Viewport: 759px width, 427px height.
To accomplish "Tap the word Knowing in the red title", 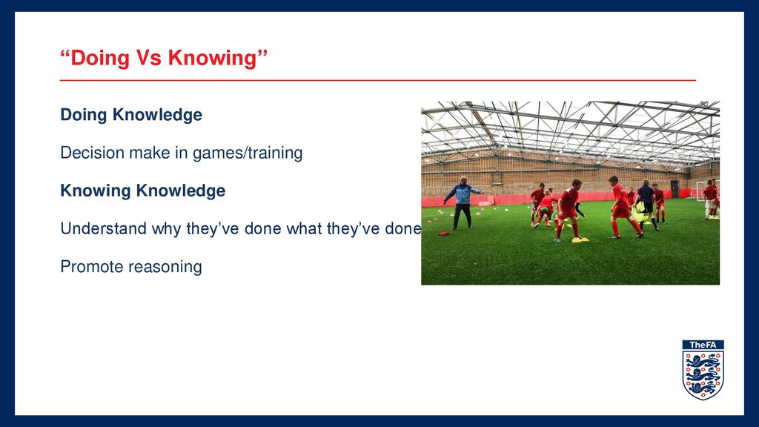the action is click(x=212, y=58).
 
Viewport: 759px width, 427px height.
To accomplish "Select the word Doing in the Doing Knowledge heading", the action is click(x=83, y=115).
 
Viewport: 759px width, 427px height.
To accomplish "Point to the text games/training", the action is click(x=248, y=153).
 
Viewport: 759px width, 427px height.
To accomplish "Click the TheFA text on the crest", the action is click(x=703, y=345).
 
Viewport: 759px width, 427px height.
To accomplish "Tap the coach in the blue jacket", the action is click(x=463, y=202).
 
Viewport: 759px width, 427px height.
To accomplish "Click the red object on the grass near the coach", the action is click(x=444, y=234).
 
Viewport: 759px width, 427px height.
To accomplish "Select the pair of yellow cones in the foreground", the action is click(x=580, y=239).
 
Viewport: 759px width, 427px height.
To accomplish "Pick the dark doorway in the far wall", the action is click(x=675, y=189).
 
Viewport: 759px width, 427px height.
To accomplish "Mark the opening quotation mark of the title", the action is click(x=65, y=53).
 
